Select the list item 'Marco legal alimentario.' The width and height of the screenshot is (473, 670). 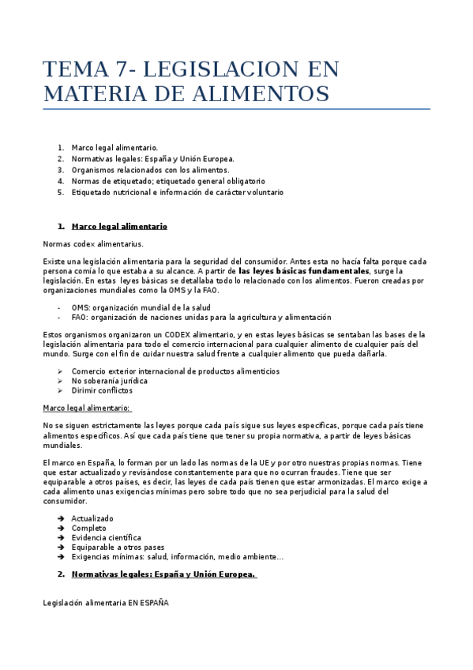(x=114, y=148)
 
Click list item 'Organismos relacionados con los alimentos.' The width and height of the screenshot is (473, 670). (x=150, y=170)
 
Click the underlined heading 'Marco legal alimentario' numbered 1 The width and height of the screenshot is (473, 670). (x=119, y=226)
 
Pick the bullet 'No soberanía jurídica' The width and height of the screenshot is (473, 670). (x=110, y=381)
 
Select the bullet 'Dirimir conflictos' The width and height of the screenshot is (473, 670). (x=102, y=390)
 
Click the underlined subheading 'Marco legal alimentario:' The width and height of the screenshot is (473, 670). (x=87, y=408)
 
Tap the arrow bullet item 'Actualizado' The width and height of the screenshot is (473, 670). (x=92, y=518)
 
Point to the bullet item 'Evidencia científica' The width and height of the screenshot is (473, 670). (x=107, y=537)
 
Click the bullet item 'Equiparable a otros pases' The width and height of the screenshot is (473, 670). (x=118, y=547)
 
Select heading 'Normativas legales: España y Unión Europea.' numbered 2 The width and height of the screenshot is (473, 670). (x=163, y=574)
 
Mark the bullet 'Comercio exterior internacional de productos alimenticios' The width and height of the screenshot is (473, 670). (x=175, y=371)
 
